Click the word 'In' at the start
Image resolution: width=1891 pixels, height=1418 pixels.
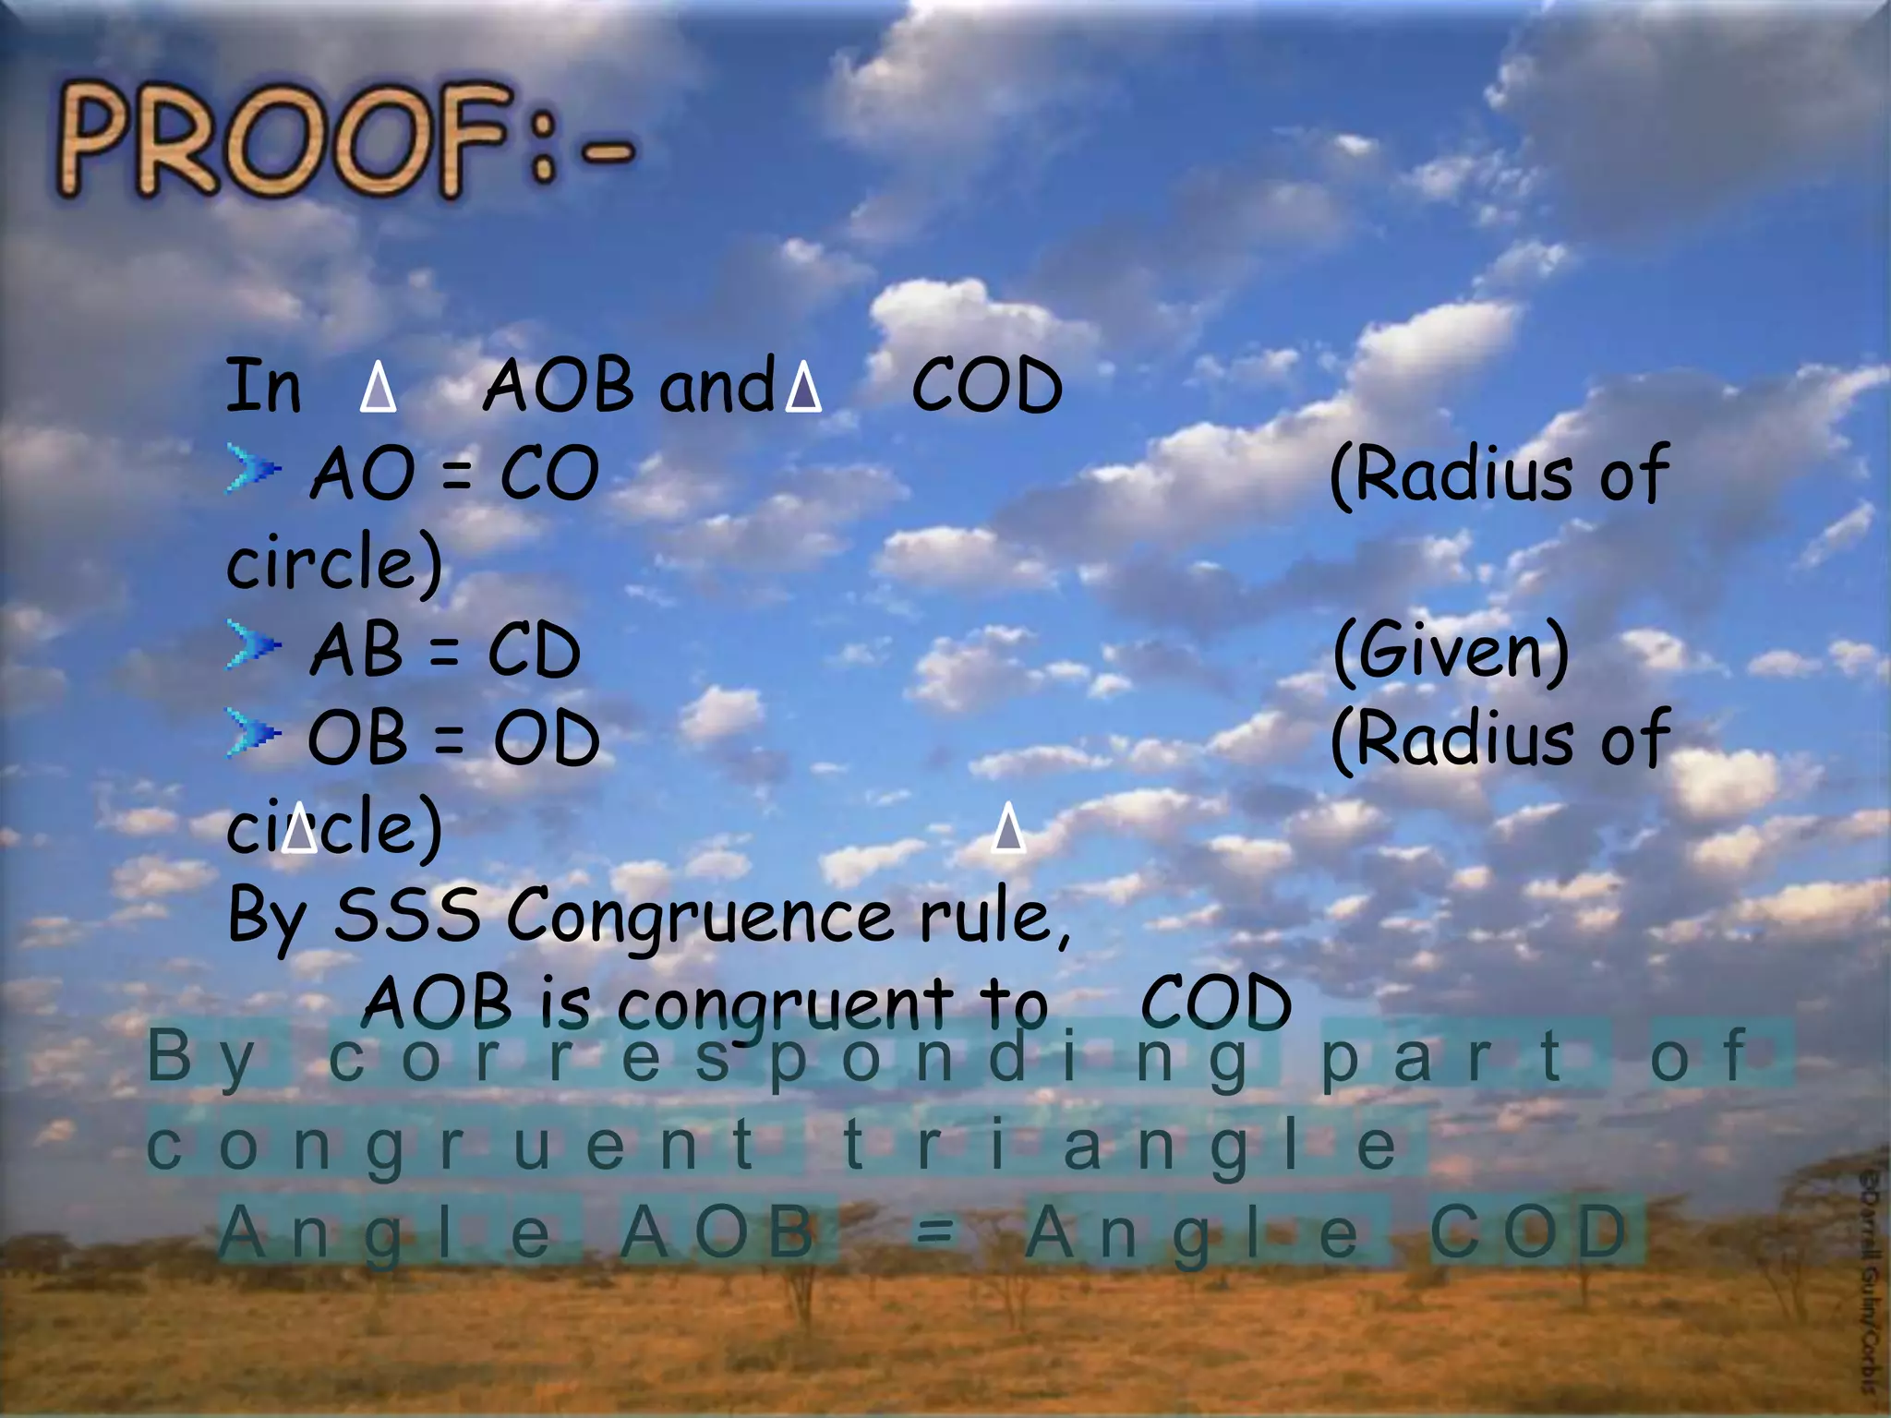pyautogui.click(x=263, y=386)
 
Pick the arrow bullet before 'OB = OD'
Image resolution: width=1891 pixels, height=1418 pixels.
pyautogui.click(x=253, y=734)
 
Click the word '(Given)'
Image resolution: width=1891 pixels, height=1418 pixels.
pyautogui.click(x=1451, y=651)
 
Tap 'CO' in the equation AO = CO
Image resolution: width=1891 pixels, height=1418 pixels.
pyautogui.click(x=549, y=475)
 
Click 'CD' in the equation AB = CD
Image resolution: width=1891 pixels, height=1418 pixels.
pyautogui.click(x=534, y=651)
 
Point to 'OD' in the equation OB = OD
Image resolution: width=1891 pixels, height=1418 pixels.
pyautogui.click(x=547, y=739)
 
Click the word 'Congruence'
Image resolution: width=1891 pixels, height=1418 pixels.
pyautogui.click(x=700, y=917)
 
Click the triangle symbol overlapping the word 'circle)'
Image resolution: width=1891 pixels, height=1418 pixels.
pyautogui.click(x=299, y=827)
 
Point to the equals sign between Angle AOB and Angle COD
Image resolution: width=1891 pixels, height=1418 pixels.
pyautogui.click(x=934, y=1232)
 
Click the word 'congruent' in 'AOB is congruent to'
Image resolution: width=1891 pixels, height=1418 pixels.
pyautogui.click(x=785, y=1004)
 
